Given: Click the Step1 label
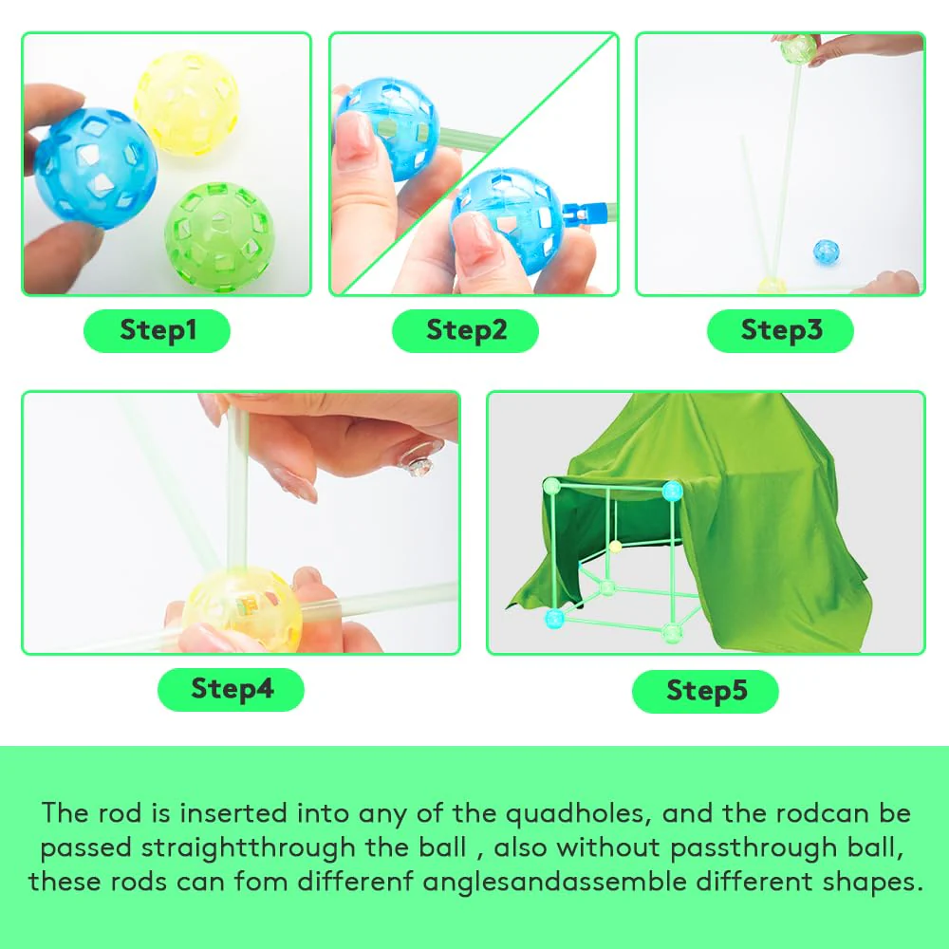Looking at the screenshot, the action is tap(157, 330).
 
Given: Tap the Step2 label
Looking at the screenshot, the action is tap(465, 330).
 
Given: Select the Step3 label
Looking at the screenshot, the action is tap(780, 330).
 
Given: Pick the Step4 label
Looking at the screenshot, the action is tap(231, 689).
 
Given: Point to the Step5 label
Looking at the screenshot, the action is tap(705, 691).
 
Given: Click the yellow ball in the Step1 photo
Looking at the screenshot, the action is tap(186, 102).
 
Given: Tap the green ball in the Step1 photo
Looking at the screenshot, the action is tap(220, 236).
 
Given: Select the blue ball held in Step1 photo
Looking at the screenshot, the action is tap(96, 168).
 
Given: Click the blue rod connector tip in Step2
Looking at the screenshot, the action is tap(585, 213).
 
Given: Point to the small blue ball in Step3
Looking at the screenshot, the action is tap(827, 251).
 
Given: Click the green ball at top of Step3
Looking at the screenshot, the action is tap(798, 49).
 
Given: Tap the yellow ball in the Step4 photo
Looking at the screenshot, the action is tap(242, 609).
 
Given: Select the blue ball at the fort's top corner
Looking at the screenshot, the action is tap(673, 491).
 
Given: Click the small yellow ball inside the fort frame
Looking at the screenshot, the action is tap(616, 548).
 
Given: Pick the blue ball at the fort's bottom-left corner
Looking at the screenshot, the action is tap(554, 619).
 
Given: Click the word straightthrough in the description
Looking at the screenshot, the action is tap(248, 847).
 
